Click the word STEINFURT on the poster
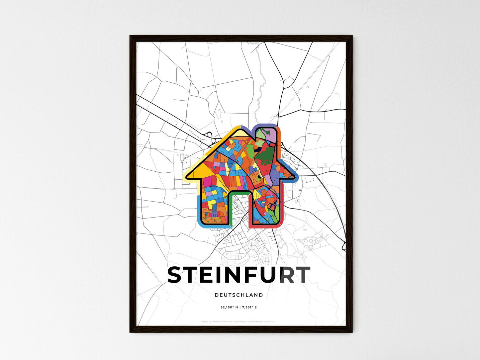click(239, 275)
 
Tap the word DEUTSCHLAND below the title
click(239, 295)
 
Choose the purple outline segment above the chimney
click(266, 126)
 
